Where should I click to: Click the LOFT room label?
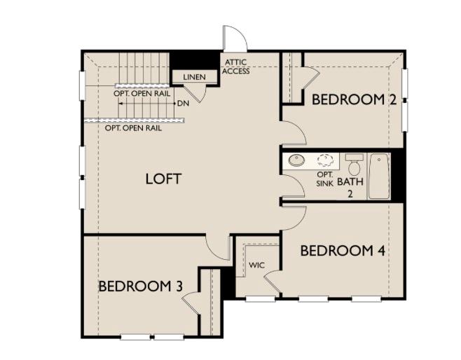click(x=164, y=179)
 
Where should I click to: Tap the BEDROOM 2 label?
click(x=354, y=99)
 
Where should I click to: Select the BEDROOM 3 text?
click(x=141, y=286)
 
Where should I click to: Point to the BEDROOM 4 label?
click(x=343, y=251)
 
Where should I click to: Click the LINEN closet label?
click(x=194, y=77)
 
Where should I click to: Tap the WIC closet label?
click(x=256, y=266)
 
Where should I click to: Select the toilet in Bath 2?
click(x=354, y=166)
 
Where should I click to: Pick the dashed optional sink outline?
click(x=325, y=160)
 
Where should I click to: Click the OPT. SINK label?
click(x=324, y=179)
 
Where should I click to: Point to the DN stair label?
click(x=183, y=104)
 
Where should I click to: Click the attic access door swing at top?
click(x=234, y=38)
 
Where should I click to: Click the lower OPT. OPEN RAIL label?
click(x=133, y=128)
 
